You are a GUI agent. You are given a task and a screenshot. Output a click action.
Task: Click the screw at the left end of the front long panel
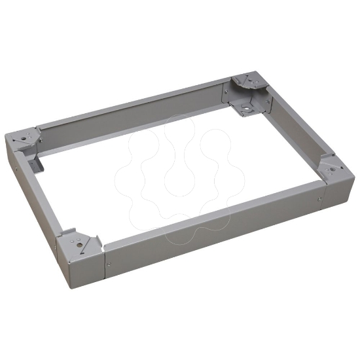109,265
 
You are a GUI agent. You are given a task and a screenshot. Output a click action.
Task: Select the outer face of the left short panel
29,196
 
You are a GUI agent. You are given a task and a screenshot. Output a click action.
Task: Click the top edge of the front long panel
209,213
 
